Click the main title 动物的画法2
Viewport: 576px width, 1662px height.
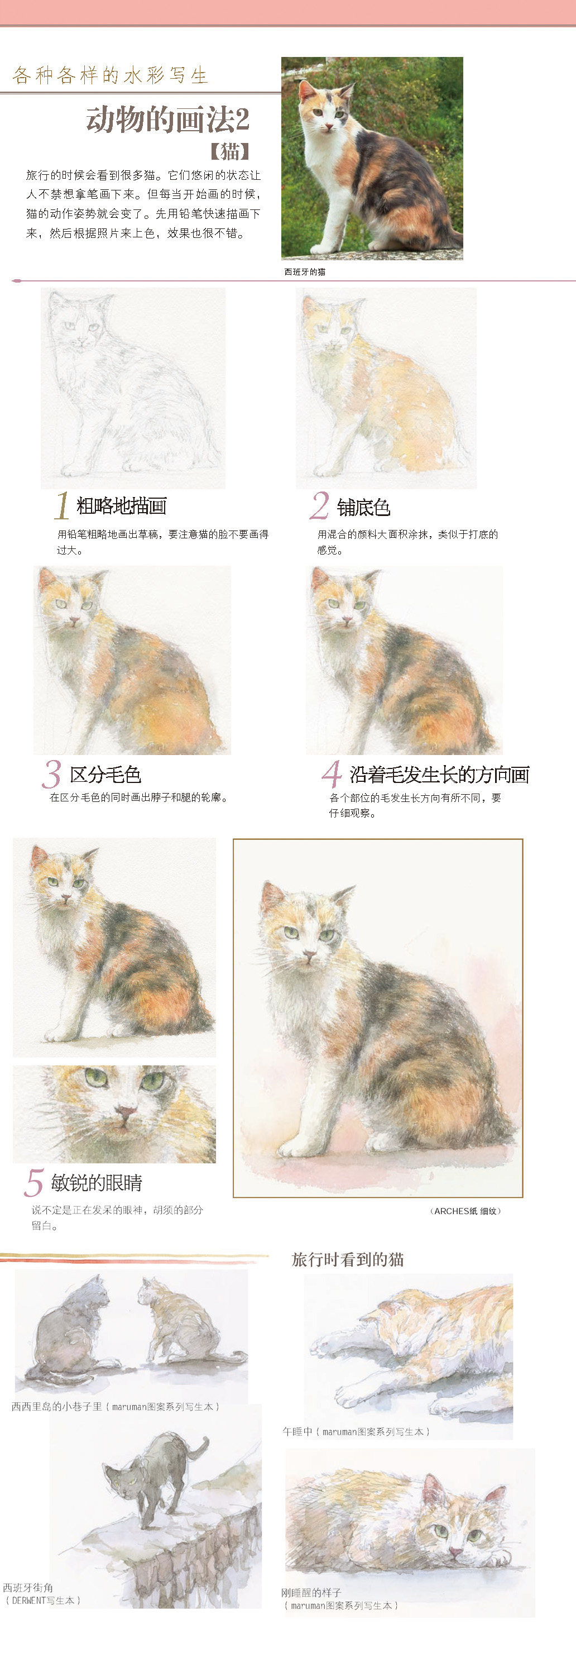(x=167, y=120)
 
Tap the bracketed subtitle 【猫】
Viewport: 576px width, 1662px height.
(x=229, y=151)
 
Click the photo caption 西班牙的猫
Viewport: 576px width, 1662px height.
(x=305, y=271)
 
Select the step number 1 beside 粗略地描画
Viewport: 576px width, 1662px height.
(x=62, y=505)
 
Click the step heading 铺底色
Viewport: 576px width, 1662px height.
(x=363, y=507)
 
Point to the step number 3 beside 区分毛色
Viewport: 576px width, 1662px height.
(x=51, y=773)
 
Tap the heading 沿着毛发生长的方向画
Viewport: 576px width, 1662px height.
(x=439, y=774)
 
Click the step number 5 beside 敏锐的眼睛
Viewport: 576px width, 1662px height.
(x=34, y=1182)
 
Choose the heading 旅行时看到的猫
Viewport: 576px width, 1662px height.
(x=348, y=1259)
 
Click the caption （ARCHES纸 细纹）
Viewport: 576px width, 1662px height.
(x=465, y=1211)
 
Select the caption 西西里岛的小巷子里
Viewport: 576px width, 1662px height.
(x=57, y=1406)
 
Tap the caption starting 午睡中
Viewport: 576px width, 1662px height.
(x=356, y=1431)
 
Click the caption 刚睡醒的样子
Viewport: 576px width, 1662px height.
(x=311, y=1592)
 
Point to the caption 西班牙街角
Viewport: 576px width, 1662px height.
(x=28, y=1587)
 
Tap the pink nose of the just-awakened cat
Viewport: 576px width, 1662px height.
(x=456, y=1551)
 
